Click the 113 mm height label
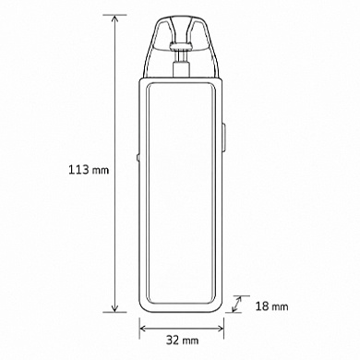(89, 170)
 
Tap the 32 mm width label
(183, 340)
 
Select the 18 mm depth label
(271, 306)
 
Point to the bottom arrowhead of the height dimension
(115, 307)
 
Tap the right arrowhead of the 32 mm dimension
(220, 329)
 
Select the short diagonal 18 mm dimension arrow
(236, 304)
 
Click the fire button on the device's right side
(223, 138)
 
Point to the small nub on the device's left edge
(138, 158)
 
